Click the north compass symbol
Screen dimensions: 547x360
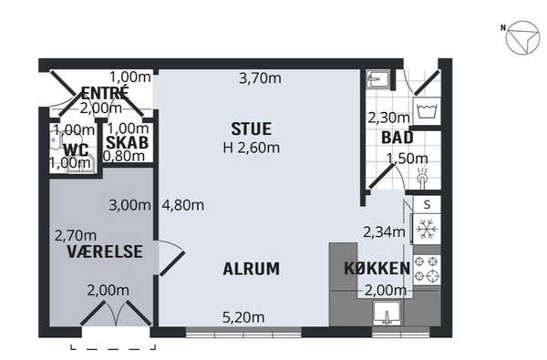pyautogui.click(x=522, y=37)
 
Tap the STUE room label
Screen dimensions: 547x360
pyautogui.click(x=252, y=129)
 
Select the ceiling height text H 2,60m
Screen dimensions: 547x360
pyautogui.click(x=252, y=148)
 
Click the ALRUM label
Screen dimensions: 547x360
pyautogui.click(x=252, y=269)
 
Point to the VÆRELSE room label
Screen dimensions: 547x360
pyautogui.click(x=105, y=252)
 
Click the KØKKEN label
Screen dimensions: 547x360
pyautogui.click(x=377, y=268)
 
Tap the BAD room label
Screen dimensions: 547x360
pyautogui.click(x=397, y=138)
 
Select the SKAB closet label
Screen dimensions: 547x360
pyautogui.click(x=127, y=143)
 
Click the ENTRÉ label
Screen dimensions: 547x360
pyautogui.click(x=105, y=92)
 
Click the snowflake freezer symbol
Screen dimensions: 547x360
pyautogui.click(x=427, y=229)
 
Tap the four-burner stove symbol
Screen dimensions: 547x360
pyautogui.click(x=427, y=269)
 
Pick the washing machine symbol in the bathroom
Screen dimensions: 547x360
pyautogui.click(x=427, y=110)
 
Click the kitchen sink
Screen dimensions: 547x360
pyautogui.click(x=387, y=313)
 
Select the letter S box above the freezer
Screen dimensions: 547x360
pyautogui.click(x=427, y=205)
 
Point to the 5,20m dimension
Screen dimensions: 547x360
pyautogui.click(x=243, y=317)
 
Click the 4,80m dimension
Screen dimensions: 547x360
pyautogui.click(x=183, y=205)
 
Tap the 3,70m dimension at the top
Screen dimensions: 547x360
pyautogui.click(x=260, y=78)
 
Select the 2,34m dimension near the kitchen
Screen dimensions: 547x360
pyautogui.click(x=384, y=231)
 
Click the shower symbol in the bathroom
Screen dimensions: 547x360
pyautogui.click(x=422, y=177)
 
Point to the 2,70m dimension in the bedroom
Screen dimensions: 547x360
pyautogui.click(x=76, y=236)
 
